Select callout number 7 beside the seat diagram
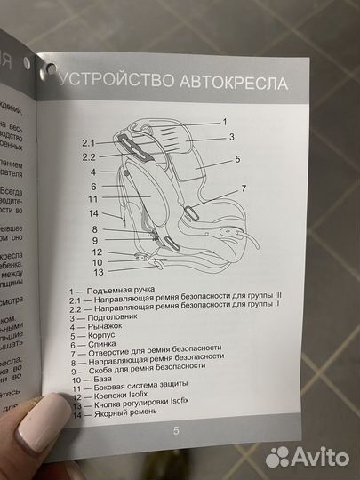(243, 189)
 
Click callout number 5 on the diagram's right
(237, 160)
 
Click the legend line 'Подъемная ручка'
(116, 292)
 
